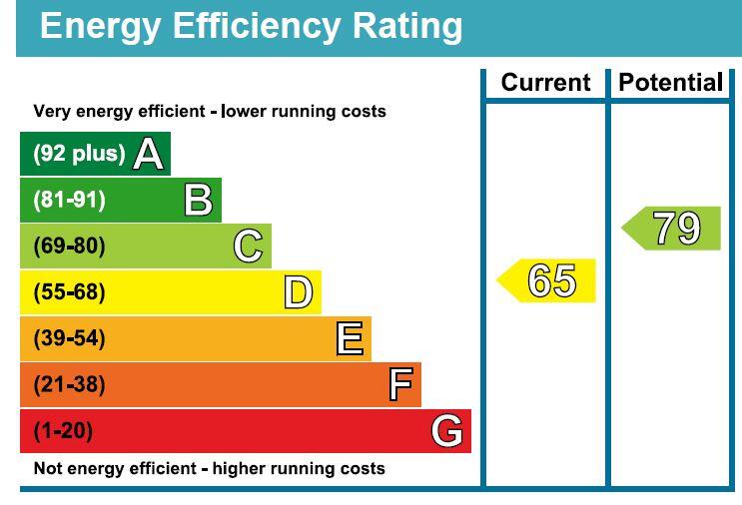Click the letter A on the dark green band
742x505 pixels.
pyautogui.click(x=149, y=154)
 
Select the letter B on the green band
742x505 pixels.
pyautogui.click(x=199, y=200)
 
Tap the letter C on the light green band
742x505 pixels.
pyautogui.click(x=248, y=246)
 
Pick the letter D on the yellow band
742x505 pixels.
pyautogui.click(x=299, y=292)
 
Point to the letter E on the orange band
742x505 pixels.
pyautogui.click(x=350, y=338)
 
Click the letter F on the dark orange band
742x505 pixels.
pyautogui.click(x=400, y=384)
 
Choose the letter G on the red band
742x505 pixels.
pyautogui.click(x=447, y=431)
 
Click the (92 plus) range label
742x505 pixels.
pyautogui.click(x=79, y=154)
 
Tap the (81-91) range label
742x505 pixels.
pyautogui.click(x=70, y=200)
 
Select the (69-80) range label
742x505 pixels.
pyautogui.click(x=70, y=246)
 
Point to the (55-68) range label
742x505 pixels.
pyautogui.click(x=70, y=292)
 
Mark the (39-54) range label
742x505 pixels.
pyautogui.click(x=70, y=338)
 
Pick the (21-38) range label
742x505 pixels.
pyautogui.click(x=70, y=384)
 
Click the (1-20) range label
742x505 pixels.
pyautogui.click(x=63, y=431)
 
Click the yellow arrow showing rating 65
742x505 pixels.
pyautogui.click(x=546, y=280)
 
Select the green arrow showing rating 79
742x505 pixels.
pyautogui.click(x=671, y=229)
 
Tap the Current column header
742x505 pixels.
pyautogui.click(x=545, y=83)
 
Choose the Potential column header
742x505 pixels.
pyautogui.click(x=670, y=83)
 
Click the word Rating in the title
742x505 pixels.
pyautogui.click(x=407, y=27)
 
